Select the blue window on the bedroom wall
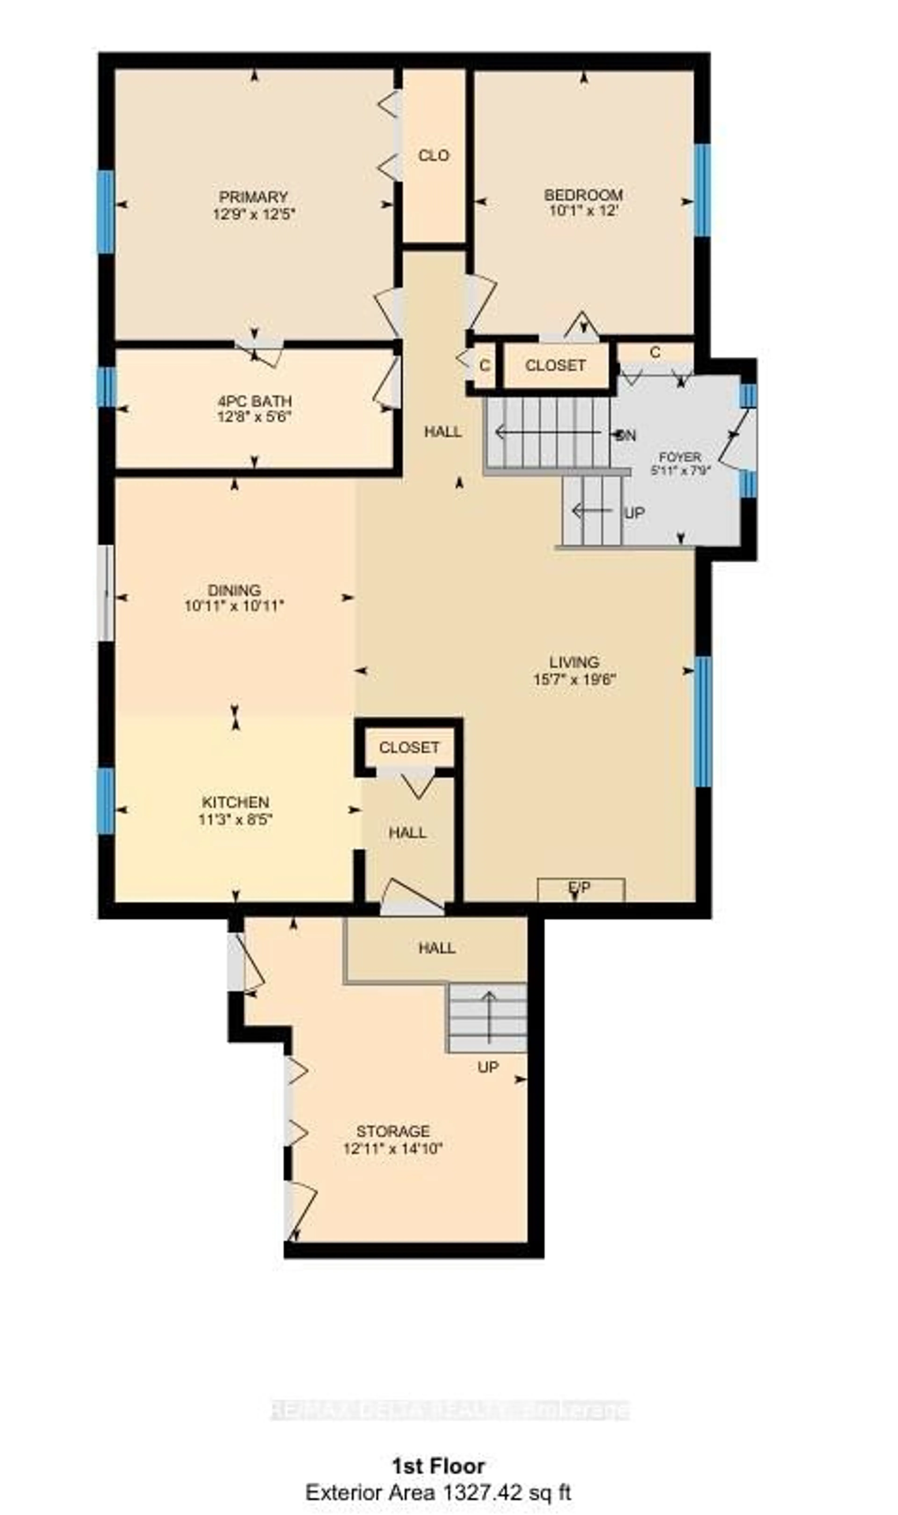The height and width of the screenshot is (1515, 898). (702, 190)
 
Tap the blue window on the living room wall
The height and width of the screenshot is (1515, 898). (702, 722)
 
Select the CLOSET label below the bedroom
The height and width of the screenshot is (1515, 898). (555, 365)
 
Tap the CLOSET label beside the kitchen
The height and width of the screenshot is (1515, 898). (409, 748)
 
